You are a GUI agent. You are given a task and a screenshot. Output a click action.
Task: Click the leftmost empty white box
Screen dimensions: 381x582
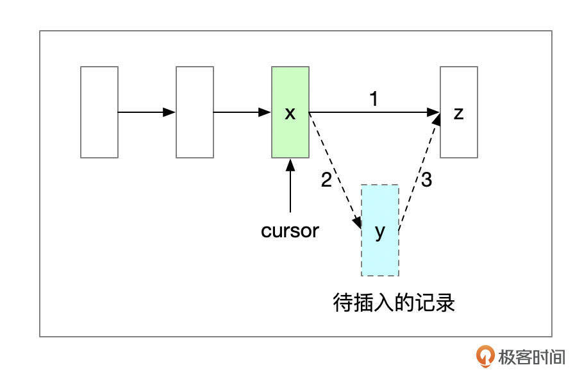(99, 112)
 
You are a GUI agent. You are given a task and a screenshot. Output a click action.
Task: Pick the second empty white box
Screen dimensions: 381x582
(195, 112)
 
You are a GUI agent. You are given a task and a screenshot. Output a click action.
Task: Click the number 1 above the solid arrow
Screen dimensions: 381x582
(374, 99)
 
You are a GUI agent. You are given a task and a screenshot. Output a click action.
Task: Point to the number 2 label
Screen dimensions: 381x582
(326, 180)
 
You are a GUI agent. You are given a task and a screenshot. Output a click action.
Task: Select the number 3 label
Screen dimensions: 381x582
(426, 180)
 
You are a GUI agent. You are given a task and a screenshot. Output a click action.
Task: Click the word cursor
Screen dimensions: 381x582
(290, 231)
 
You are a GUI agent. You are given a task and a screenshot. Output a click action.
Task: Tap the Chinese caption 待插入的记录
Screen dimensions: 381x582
(394, 302)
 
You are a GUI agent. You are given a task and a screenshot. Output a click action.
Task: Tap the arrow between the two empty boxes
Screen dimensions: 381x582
(147, 112)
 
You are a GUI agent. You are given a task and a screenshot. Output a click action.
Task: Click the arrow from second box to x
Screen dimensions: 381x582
(242, 112)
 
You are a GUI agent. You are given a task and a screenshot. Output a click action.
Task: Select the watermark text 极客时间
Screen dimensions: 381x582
(532, 357)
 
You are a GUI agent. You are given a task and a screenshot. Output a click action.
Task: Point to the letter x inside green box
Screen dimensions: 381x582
(290, 114)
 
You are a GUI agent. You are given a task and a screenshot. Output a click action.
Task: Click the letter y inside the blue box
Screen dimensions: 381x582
(380, 231)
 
